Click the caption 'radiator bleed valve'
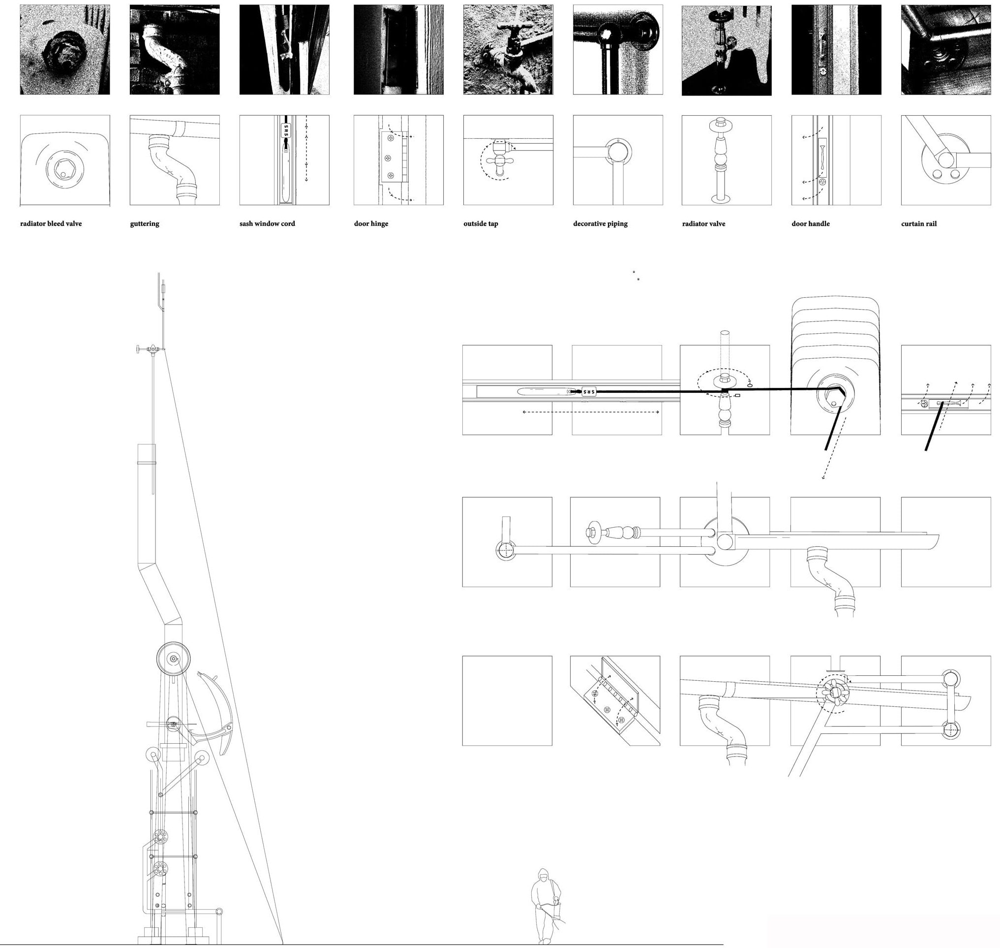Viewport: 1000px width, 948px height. (51, 223)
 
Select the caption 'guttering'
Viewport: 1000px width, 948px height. (145, 223)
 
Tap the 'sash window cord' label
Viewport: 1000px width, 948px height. (267, 223)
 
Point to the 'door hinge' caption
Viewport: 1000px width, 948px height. (371, 223)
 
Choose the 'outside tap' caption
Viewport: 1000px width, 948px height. (481, 223)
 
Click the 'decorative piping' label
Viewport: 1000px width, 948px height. (601, 223)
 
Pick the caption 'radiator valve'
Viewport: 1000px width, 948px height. (703, 223)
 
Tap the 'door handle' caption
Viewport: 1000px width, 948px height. (811, 223)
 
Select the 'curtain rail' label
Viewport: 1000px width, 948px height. (919, 223)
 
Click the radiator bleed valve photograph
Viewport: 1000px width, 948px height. (65, 50)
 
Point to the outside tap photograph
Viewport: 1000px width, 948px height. (508, 50)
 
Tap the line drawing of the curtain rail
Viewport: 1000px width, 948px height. (946, 160)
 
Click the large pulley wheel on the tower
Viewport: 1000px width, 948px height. (173, 659)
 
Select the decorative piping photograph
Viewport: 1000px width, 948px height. (618, 50)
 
